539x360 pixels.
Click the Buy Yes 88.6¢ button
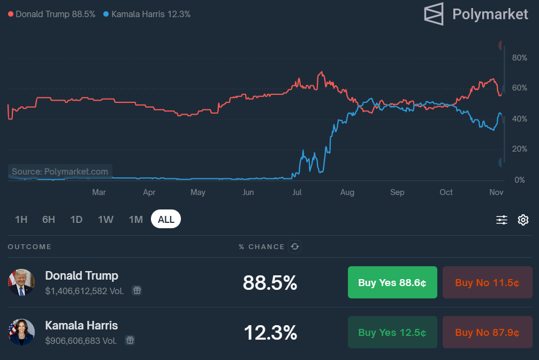(392, 282)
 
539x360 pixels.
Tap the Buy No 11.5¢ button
(487, 282)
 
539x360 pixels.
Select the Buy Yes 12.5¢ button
(392, 332)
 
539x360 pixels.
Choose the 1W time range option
(105, 219)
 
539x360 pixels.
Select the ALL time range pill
(166, 219)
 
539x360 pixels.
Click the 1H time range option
(21, 219)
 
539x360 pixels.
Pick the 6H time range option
(49, 219)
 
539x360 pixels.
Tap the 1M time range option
(136, 219)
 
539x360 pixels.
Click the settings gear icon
(523, 220)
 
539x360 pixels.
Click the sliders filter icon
(502, 220)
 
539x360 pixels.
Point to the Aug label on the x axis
(347, 192)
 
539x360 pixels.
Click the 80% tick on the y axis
(519, 58)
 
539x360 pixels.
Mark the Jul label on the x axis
(298, 192)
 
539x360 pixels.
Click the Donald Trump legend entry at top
(51, 14)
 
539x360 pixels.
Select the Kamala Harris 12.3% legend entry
(147, 14)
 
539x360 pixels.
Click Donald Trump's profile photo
(21, 282)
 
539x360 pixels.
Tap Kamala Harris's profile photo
(21, 332)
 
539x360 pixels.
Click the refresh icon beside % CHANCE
(294, 246)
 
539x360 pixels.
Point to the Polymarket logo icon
(434, 14)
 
